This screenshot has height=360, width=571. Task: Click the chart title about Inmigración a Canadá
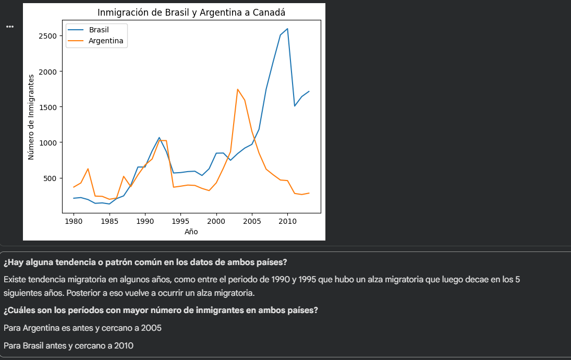click(191, 13)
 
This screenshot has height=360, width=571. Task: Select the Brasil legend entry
click(99, 30)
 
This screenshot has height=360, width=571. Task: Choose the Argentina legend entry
click(106, 41)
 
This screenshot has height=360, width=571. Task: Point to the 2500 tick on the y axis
click(48, 36)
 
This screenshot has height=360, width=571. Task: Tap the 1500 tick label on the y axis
click(48, 107)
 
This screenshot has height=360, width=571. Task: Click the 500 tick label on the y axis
click(51, 178)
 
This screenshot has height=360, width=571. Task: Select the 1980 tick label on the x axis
click(74, 221)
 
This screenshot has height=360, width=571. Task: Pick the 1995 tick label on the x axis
click(180, 221)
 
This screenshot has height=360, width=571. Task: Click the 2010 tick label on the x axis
click(287, 221)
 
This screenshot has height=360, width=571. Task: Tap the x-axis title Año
click(191, 232)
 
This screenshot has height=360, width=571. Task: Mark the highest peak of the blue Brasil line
click(287, 29)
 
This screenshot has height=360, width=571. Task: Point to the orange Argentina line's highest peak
click(238, 89)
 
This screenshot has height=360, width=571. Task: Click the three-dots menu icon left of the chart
click(10, 27)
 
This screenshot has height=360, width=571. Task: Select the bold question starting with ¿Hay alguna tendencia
click(145, 262)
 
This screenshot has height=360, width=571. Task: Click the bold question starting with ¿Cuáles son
click(161, 310)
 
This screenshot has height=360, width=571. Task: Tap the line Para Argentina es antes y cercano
click(82, 328)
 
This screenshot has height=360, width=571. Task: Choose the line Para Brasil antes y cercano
click(68, 345)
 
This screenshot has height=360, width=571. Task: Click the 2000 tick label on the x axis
click(216, 221)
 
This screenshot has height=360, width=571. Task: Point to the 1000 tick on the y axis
click(48, 143)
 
